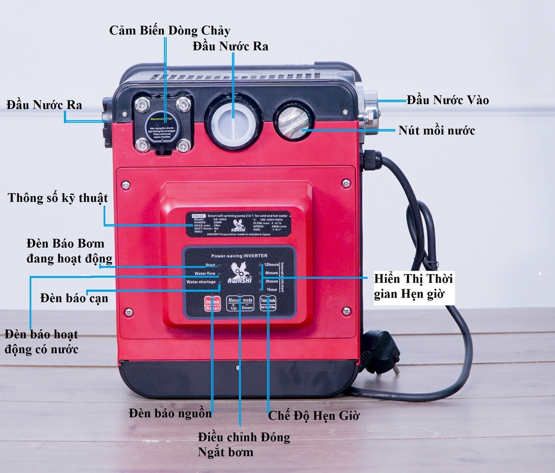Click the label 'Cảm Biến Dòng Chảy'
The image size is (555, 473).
click(x=170, y=30)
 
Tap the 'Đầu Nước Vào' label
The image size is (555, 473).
click(x=448, y=100)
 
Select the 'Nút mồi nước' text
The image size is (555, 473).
click(x=436, y=131)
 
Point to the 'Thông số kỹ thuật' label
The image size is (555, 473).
click(x=57, y=198)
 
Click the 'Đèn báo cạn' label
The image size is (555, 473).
click(x=74, y=298)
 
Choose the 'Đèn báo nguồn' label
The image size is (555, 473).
click(x=170, y=413)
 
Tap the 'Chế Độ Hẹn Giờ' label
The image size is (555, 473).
click(x=314, y=416)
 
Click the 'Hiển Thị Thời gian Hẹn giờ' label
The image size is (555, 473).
click(x=413, y=287)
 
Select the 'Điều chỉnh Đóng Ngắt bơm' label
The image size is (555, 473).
click(x=243, y=444)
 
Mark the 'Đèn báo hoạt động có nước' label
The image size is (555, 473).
click(x=41, y=341)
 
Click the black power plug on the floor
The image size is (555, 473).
click(x=382, y=352)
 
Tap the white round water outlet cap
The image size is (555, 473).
click(x=233, y=122)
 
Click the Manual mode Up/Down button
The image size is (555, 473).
click(x=240, y=304)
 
